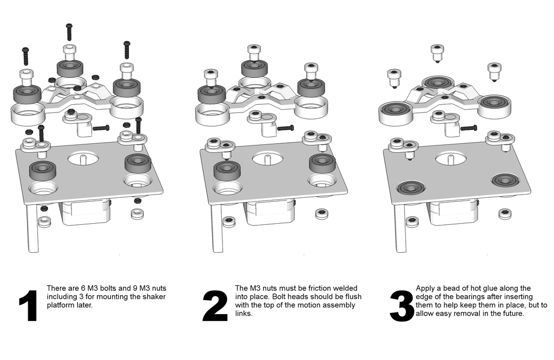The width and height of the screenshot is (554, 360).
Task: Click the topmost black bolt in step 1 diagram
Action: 69,32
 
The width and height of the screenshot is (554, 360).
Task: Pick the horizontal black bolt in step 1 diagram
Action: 101,128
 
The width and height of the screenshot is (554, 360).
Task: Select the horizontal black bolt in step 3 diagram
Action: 468,128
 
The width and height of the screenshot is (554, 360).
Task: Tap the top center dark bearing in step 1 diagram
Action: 70,68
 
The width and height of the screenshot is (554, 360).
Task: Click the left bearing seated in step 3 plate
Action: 410,188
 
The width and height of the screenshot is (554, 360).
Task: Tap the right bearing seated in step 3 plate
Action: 505,179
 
